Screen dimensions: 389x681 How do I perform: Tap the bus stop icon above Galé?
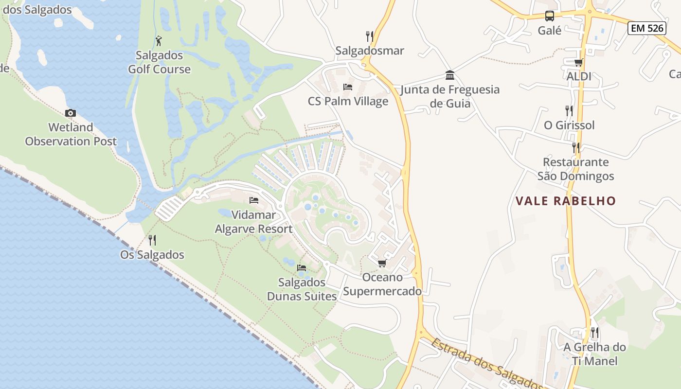coord(550,16)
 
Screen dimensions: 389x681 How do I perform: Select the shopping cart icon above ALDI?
coord(578,62)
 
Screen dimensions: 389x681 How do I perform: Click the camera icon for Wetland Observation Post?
coord(71,113)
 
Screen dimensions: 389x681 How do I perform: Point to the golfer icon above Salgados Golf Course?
coord(159,41)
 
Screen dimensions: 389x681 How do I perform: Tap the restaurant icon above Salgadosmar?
coord(370,36)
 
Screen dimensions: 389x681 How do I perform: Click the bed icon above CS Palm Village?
coord(348,87)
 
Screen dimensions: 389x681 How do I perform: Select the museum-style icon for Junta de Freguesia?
coord(450,75)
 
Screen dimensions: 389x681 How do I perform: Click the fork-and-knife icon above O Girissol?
coord(569,111)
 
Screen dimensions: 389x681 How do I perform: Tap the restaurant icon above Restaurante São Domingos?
coord(576,147)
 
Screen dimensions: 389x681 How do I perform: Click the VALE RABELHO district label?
coord(566,201)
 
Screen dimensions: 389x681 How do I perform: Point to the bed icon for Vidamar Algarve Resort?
coord(253,200)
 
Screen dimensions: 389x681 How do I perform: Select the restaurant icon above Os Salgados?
coord(152,240)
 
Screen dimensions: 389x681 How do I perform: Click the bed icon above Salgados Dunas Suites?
coord(302,268)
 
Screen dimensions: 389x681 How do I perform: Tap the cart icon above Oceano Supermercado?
coord(382,263)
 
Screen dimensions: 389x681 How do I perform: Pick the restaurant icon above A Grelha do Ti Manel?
coord(594,333)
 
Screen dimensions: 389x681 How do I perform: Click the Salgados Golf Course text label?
coord(159,62)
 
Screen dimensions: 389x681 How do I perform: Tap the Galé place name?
coord(550,31)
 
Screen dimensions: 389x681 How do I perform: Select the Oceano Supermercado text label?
coord(382,284)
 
